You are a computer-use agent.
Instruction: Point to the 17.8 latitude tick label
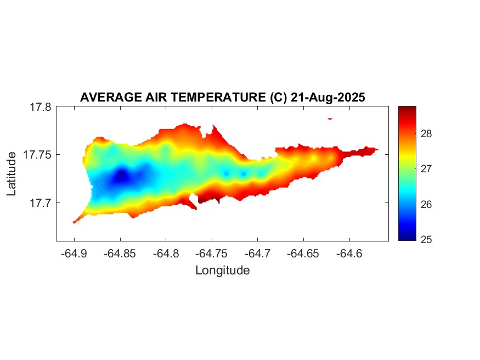[41, 107]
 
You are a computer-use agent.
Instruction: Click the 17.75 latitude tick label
[38, 155]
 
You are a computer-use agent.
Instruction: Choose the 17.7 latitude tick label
[41, 203]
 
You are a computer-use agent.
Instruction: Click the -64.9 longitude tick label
[74, 254]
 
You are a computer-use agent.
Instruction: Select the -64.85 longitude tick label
[119, 254]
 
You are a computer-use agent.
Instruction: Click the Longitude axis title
[222, 271]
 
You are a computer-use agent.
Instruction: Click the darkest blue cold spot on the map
[122, 176]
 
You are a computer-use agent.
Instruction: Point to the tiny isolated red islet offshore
[330, 118]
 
